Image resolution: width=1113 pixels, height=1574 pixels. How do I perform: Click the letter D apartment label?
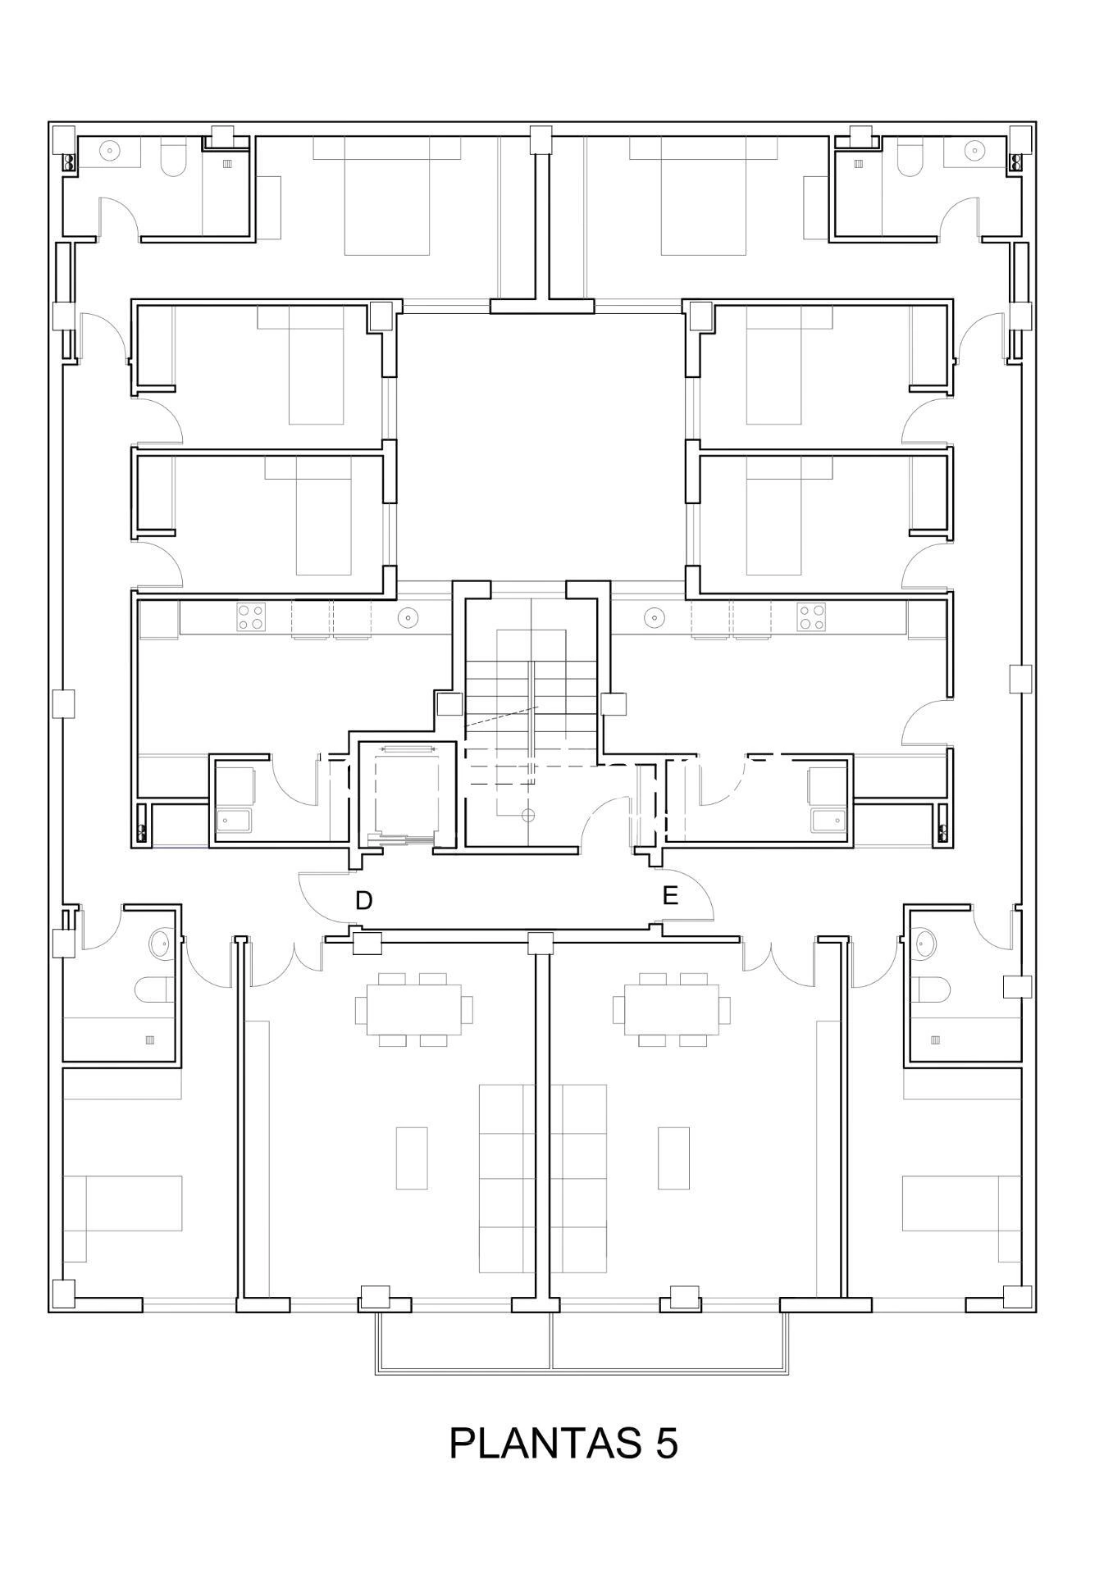pos(364,901)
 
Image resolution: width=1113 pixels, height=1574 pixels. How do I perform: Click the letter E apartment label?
pos(670,896)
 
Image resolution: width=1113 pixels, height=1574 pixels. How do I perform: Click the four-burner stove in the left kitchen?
pos(251,617)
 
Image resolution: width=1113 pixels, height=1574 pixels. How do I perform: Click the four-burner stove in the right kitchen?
pos(811,617)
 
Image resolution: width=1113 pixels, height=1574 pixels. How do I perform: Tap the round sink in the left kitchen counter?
pos(408,616)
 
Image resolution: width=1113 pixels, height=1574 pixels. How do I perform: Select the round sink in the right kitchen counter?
pos(654,616)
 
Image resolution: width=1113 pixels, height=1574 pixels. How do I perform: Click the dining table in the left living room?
pos(413,1009)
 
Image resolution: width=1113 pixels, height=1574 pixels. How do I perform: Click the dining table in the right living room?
pos(672,1009)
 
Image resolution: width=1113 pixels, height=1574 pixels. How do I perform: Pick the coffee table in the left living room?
pos(412,1158)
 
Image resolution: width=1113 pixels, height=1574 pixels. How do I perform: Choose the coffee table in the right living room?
pos(673,1158)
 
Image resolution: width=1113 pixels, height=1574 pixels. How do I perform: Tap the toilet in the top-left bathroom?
pos(173,159)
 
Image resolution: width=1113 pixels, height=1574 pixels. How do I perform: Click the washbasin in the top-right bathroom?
pos(974,150)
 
